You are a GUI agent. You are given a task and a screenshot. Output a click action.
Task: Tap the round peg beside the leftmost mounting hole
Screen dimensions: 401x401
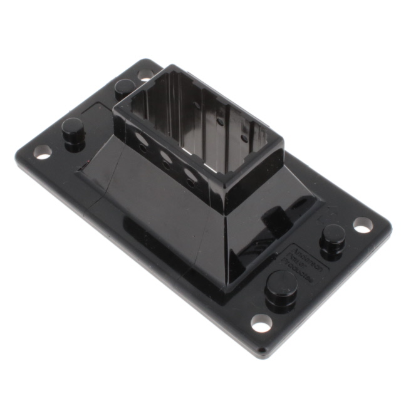pos(73,132)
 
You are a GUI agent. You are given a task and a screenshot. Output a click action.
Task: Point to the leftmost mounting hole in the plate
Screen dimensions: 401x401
pos(43,151)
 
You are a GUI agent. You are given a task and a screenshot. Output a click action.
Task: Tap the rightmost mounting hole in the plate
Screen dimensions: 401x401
pos(363,225)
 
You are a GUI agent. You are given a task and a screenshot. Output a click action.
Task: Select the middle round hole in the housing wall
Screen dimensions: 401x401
pos(167,160)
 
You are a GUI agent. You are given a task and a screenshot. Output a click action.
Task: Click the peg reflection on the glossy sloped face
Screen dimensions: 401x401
pos(276,219)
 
